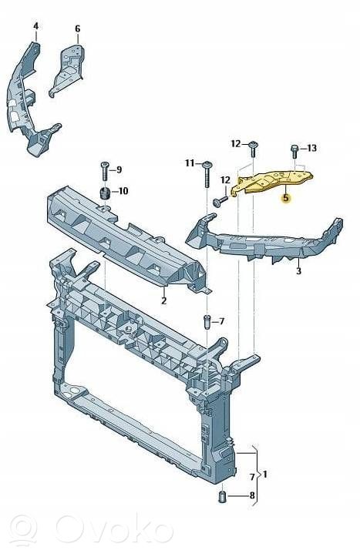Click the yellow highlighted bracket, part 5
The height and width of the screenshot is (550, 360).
point(273,183)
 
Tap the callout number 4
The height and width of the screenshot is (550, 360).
point(36,26)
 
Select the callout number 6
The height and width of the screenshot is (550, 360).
point(78,29)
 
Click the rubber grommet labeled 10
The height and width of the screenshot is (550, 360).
point(105,193)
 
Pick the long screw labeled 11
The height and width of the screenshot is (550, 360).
point(207,175)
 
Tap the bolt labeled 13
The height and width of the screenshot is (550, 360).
point(294,152)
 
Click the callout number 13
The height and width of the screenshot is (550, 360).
point(311,149)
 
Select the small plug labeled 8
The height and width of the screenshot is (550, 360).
point(222,496)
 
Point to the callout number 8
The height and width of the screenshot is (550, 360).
point(252,495)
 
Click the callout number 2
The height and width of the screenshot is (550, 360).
point(163,300)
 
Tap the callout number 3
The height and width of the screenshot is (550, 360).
point(298,271)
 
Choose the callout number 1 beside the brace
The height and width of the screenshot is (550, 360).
point(265,475)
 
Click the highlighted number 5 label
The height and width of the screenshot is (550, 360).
point(286,198)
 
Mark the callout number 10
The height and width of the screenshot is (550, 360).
point(123,191)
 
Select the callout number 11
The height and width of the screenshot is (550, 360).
point(190,163)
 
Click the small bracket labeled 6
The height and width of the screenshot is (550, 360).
point(67,69)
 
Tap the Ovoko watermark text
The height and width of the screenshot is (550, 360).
point(113,529)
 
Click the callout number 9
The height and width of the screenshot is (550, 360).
point(119,169)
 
